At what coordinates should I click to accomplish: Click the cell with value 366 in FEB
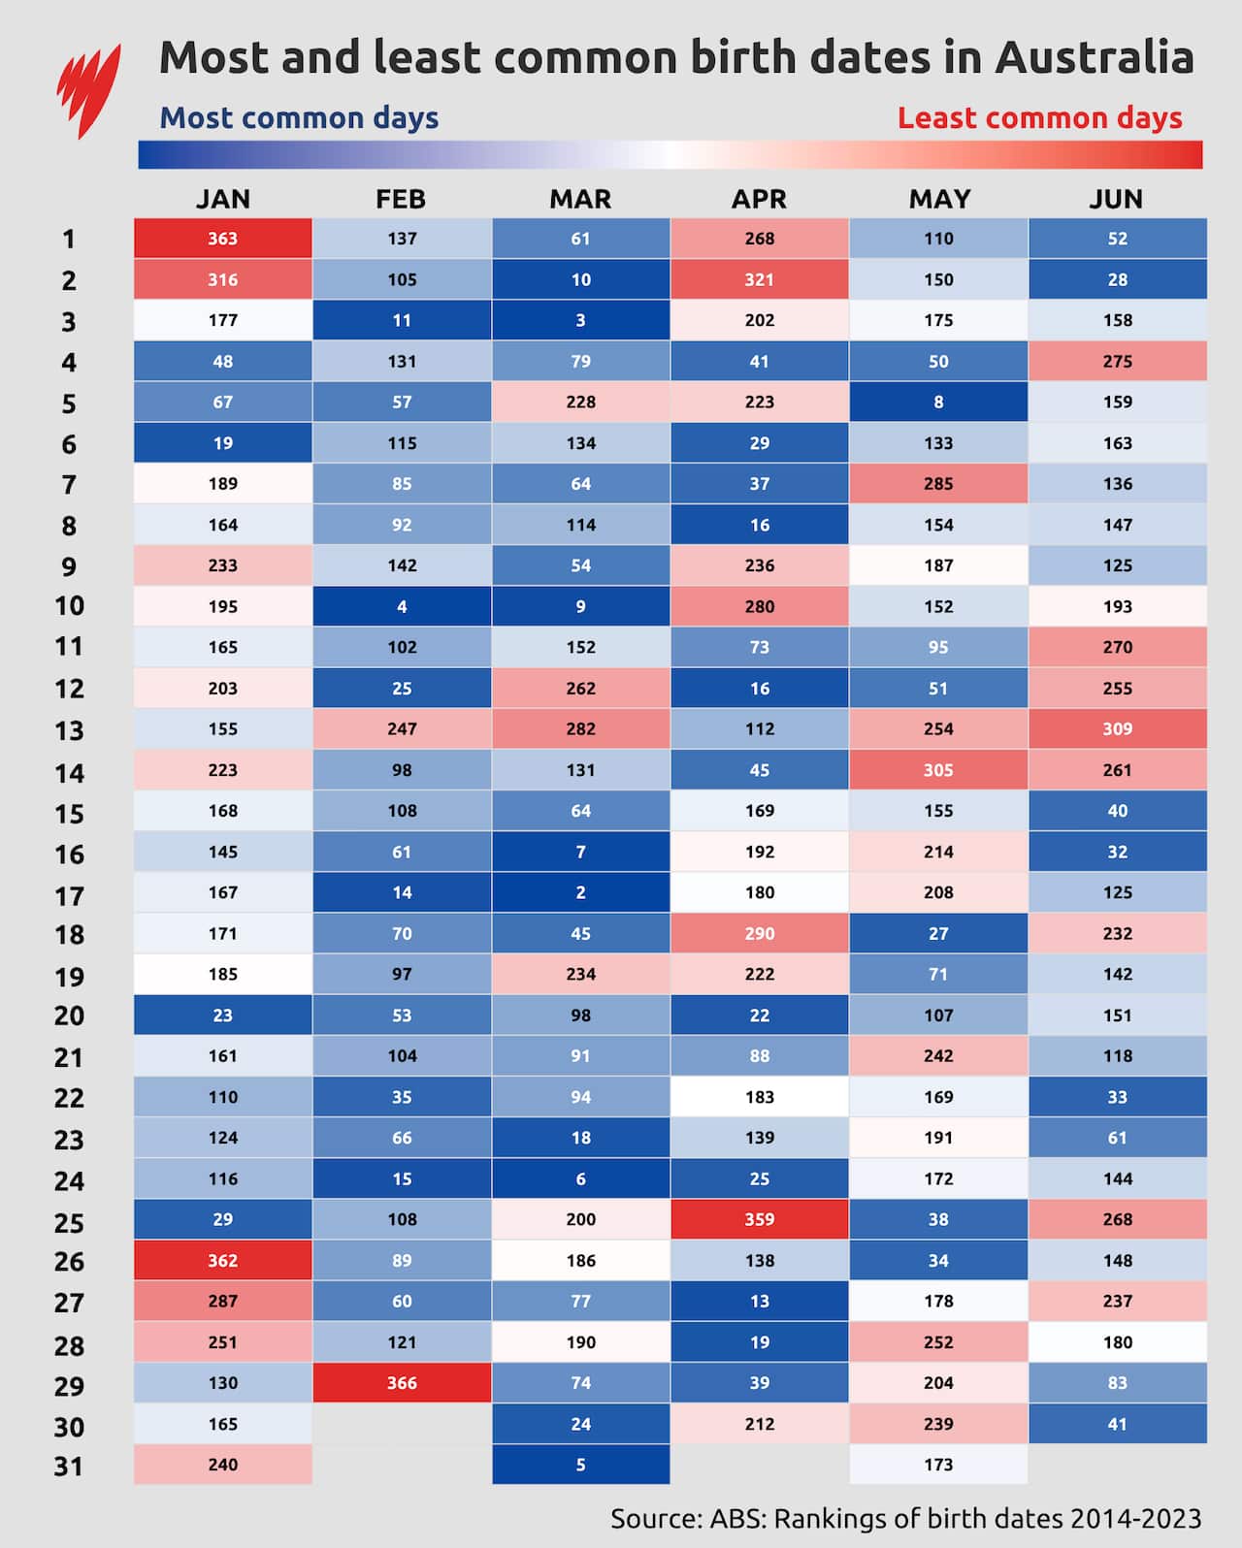[402, 1383]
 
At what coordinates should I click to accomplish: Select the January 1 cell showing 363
[222, 239]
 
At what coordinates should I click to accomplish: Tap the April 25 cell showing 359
[759, 1219]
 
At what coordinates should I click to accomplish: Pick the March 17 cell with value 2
[580, 892]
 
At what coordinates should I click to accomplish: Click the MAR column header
[580, 199]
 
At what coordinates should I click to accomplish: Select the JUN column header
[1116, 199]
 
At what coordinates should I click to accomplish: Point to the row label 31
[69, 1466]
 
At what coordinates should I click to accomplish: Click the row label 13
[69, 730]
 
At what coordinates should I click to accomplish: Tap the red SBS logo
[88, 89]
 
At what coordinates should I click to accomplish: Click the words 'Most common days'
[299, 118]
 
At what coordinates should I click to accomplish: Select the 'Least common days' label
[1039, 118]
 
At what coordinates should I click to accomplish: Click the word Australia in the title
[1094, 58]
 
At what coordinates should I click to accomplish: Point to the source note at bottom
[905, 1518]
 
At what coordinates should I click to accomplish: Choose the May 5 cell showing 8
[938, 402]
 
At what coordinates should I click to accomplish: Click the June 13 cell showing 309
[1117, 728]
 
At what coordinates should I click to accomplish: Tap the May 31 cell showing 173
[938, 1465]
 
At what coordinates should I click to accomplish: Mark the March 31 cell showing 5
[580, 1465]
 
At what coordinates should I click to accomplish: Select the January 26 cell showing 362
[222, 1260]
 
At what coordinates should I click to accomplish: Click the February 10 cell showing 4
[402, 606]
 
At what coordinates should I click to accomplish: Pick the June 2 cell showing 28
[1117, 279]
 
